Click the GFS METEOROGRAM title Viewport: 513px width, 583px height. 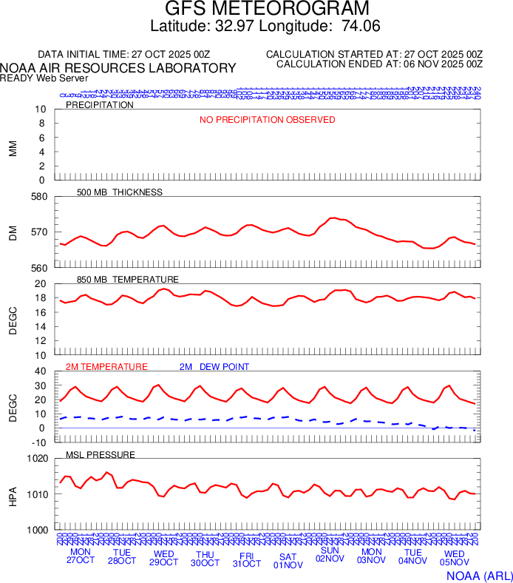click(266, 9)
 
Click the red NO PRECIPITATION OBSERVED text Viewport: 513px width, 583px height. click(267, 120)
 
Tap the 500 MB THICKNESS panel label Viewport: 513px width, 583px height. click(119, 192)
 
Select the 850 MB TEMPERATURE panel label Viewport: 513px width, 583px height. click(128, 280)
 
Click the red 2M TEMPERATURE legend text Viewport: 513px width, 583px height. click(106, 367)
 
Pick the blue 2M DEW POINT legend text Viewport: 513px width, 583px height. click(214, 367)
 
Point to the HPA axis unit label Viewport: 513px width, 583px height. click(13, 493)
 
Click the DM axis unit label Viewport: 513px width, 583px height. click(13, 232)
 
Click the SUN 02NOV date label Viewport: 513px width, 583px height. click(330, 555)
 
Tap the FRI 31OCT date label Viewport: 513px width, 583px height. click(246, 558)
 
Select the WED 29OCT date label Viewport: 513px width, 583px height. click(163, 558)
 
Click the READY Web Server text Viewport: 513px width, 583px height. click(44, 78)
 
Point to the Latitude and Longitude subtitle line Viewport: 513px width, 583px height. click(265, 27)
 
